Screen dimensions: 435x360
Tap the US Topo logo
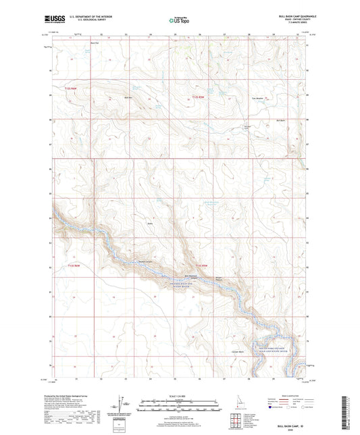click(178, 20)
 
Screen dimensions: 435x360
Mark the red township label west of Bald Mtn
click(72, 89)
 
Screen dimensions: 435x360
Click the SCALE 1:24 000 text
click(179, 395)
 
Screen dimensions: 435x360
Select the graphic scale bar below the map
click(179, 406)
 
